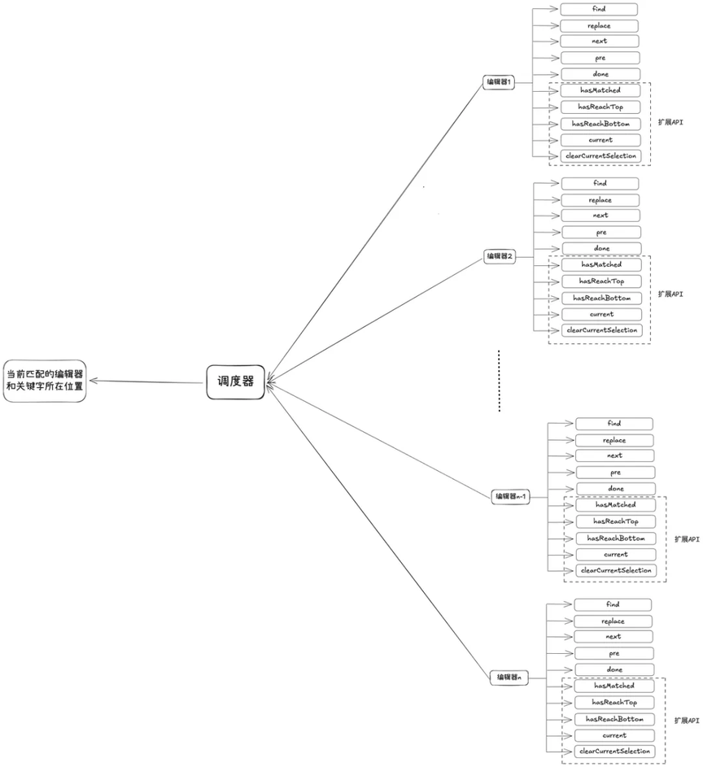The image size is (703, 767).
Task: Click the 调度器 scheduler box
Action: click(x=235, y=381)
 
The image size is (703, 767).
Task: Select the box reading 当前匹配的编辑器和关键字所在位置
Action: click(x=45, y=381)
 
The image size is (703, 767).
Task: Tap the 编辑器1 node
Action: click(x=499, y=82)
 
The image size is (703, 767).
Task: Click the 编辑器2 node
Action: click(x=500, y=256)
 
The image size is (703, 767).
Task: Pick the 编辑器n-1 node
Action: click(x=510, y=496)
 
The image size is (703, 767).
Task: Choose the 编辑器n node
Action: click(x=509, y=678)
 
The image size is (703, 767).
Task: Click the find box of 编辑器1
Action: click(x=599, y=9)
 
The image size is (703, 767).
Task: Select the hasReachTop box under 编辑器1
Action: click(x=600, y=107)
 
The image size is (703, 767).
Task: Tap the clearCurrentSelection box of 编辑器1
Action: click(x=600, y=156)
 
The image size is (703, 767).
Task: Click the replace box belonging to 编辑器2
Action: click(x=600, y=200)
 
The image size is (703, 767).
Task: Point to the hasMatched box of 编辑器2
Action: click(x=601, y=264)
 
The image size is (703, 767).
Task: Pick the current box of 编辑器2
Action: click(x=601, y=314)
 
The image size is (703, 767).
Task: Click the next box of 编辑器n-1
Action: click(x=614, y=456)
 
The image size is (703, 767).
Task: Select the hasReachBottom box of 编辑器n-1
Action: click(x=615, y=538)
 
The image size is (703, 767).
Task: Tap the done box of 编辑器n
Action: click(x=614, y=669)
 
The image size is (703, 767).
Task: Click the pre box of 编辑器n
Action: click(x=614, y=653)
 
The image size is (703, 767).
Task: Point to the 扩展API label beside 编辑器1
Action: click(x=670, y=122)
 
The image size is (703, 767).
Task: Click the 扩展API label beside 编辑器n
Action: click(x=687, y=721)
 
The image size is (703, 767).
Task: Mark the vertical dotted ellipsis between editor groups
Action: click(x=499, y=381)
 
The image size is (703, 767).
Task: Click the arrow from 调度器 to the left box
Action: click(x=146, y=381)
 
